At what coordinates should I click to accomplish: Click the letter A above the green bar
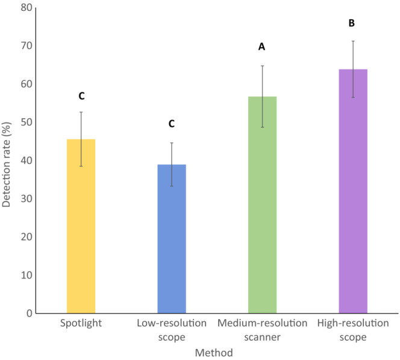tap(262, 46)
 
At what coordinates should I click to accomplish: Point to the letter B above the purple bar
tap(352, 24)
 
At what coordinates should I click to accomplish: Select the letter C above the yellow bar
tap(81, 96)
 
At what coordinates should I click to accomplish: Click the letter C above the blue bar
tap(171, 124)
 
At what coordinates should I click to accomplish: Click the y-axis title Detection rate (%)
tap(7, 160)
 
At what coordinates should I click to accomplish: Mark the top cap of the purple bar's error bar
tap(353, 41)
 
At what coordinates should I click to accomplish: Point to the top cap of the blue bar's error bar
tap(172, 143)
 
